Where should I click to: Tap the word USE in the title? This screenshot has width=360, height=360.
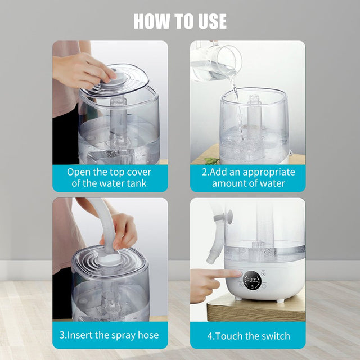point(209,21)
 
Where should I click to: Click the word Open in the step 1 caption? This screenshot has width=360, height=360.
point(79,172)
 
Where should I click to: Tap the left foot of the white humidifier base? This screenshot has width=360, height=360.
point(238,298)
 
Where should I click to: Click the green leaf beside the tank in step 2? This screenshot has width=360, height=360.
point(211,161)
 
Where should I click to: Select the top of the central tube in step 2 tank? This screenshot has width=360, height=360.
point(254,100)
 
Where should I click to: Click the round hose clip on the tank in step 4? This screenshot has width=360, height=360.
point(229,215)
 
